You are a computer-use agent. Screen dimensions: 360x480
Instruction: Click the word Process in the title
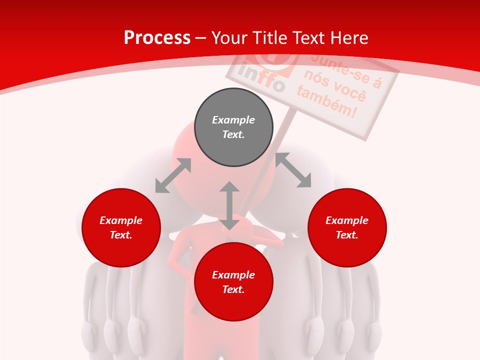(x=157, y=38)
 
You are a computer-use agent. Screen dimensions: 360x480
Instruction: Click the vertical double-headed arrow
(x=229, y=205)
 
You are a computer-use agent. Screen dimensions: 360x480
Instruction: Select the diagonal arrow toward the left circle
(x=173, y=175)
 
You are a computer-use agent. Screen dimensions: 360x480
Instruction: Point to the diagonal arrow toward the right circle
(x=293, y=170)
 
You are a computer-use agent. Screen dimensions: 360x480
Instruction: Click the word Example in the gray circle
(x=233, y=120)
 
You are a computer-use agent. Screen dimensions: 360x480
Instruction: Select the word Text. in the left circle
(x=121, y=235)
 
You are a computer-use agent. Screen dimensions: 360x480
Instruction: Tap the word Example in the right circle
(x=347, y=220)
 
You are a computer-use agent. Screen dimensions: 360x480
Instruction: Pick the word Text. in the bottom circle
(x=233, y=289)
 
